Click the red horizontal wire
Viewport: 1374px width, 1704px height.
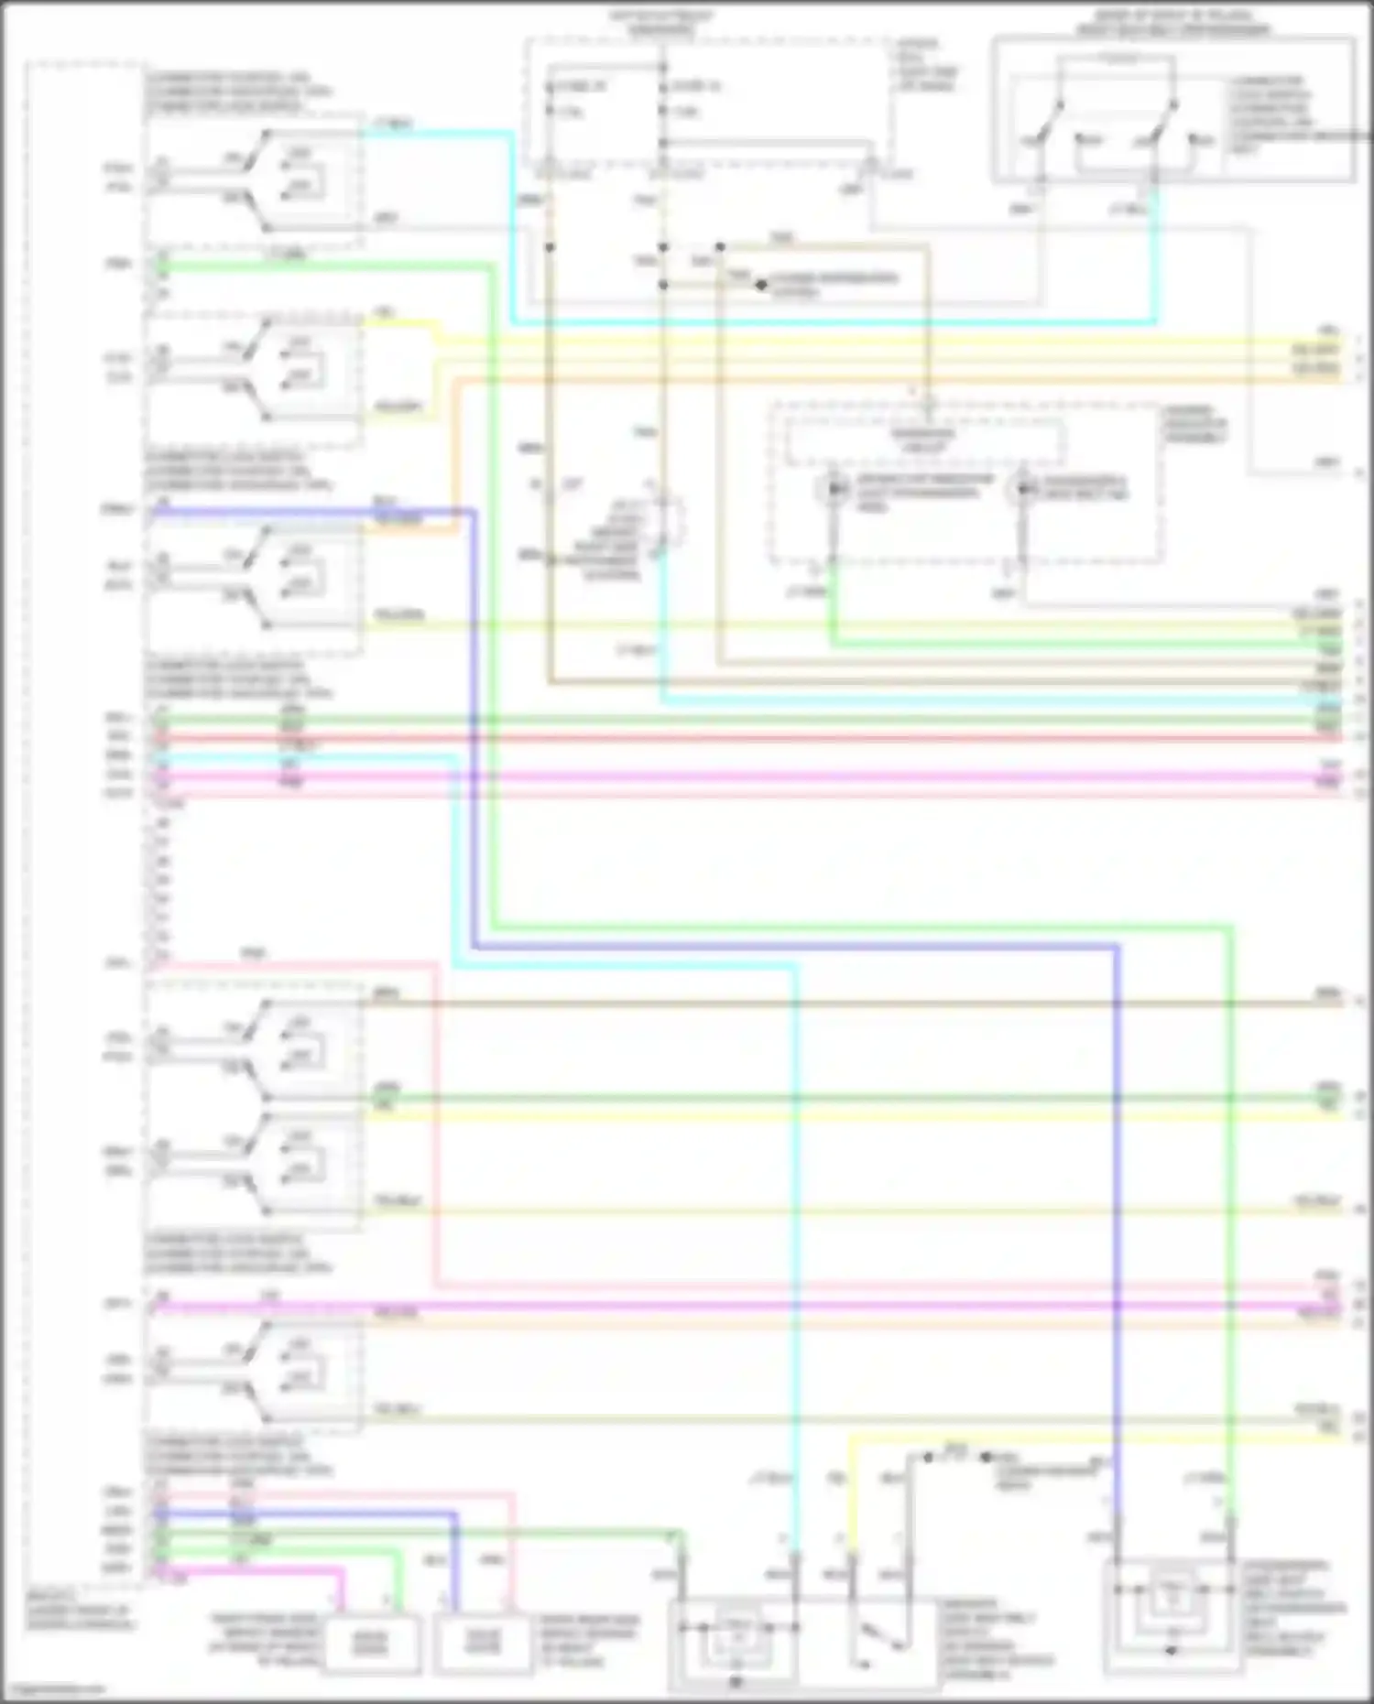[733, 738]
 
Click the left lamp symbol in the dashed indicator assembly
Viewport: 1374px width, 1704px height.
[834, 490]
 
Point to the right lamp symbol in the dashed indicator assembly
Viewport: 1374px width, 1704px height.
[1021, 490]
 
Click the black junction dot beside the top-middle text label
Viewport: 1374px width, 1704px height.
[761, 285]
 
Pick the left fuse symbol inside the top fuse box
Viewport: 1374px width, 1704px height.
[550, 99]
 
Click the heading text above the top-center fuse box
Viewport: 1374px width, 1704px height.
[662, 23]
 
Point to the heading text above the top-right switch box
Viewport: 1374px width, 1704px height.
[1172, 23]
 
